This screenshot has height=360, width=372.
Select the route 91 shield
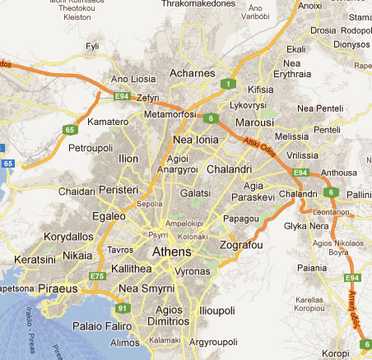coord(123,308)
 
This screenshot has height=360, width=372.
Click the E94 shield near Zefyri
coord(122,97)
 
